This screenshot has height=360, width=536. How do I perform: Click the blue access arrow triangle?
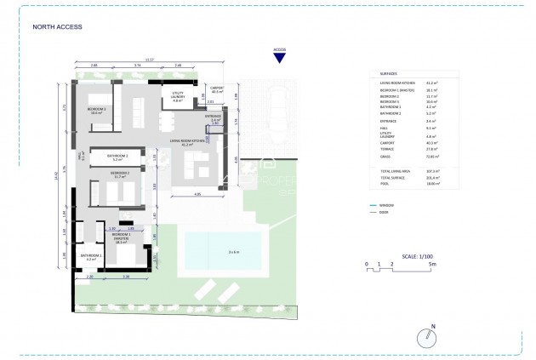[279, 57]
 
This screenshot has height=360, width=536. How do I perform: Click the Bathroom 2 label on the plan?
[118, 157]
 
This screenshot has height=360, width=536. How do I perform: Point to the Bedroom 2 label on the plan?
[118, 174]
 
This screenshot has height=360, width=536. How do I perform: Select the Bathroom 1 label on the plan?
[91, 257]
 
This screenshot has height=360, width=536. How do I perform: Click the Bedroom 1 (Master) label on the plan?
[132, 237]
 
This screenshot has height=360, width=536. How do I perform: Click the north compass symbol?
[430, 338]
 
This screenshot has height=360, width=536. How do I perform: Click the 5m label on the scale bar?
[433, 266]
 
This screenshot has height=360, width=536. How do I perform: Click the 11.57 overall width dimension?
[151, 60]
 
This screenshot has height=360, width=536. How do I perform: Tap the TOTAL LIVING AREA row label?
[393, 171]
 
